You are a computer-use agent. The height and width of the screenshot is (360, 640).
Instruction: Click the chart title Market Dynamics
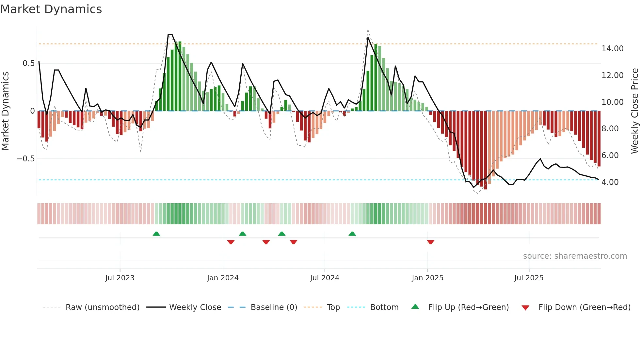[51, 9]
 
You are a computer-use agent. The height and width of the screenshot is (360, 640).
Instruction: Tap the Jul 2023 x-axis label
[120, 278]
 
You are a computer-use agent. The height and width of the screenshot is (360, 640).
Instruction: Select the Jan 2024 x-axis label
[223, 278]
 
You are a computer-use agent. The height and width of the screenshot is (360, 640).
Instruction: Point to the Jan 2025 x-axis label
[427, 278]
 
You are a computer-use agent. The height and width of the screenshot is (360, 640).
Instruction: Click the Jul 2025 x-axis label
[529, 278]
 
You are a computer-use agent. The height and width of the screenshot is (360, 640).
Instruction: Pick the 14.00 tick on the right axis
[612, 49]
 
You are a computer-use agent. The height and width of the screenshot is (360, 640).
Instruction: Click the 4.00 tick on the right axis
[610, 182]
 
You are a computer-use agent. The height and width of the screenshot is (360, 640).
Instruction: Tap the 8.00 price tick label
[610, 129]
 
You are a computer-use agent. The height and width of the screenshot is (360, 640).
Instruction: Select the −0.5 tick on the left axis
[25, 159]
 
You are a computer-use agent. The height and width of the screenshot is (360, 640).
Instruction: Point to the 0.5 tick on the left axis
[28, 63]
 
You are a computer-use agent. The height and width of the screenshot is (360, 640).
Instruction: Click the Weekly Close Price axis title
[634, 111]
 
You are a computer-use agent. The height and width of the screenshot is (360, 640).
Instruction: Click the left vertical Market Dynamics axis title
[5, 111]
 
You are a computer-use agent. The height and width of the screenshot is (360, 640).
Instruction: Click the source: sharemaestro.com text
[575, 256]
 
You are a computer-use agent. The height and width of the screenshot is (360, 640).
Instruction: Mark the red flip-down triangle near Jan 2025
[430, 242]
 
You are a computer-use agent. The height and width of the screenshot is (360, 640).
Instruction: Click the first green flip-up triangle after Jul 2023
[156, 234]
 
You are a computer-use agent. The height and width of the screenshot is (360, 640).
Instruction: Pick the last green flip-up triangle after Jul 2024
[352, 234]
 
